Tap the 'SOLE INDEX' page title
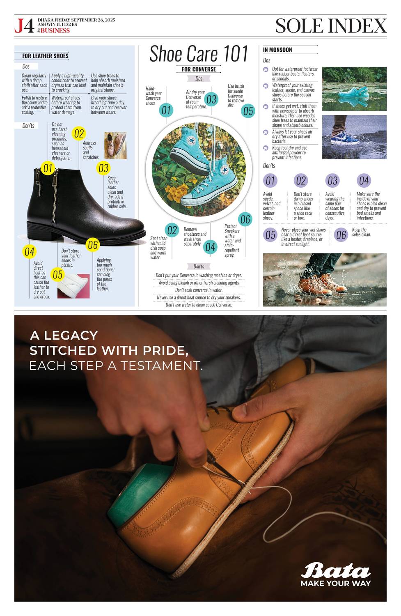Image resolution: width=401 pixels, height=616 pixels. pos(331,26)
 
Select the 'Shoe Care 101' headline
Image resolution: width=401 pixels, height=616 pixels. pos(199,54)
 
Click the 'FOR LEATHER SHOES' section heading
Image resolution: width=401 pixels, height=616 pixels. pos(45,56)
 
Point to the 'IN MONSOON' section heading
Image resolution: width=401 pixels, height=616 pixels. pos(277,50)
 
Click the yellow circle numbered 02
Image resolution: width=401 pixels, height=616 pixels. pos(79,133)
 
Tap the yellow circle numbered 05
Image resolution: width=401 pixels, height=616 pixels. pos(57,274)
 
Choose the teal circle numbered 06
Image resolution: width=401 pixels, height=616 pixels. pos(245,219)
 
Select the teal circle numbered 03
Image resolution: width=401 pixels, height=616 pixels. pos(211,99)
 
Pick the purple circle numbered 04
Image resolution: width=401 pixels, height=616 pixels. pos(364,180)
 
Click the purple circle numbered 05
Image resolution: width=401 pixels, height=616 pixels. pos(270,235)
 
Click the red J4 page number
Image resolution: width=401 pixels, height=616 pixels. pos(25,26)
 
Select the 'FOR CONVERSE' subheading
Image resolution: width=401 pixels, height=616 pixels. pos(199,69)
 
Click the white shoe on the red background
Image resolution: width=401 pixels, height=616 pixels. pos(73,286)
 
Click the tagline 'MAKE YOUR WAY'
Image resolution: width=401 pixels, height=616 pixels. pos(336,583)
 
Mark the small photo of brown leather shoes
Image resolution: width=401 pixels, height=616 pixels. pos(115,145)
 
